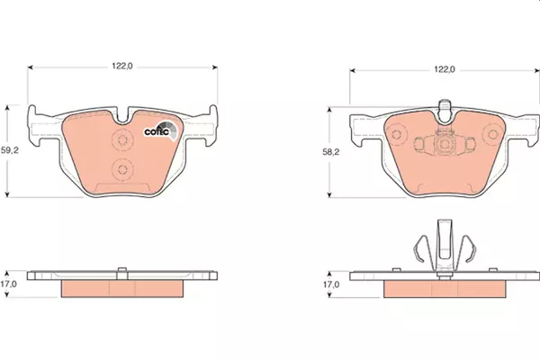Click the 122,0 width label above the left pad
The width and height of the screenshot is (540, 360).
tap(121, 66)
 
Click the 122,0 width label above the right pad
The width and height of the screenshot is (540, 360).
tap(445, 69)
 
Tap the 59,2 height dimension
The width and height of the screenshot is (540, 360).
tap(10, 150)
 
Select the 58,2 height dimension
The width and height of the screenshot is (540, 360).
tap(330, 152)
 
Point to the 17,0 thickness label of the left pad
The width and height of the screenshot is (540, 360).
tap(8, 284)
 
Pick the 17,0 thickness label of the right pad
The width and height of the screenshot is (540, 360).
tap(330, 284)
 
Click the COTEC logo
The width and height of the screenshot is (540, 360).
tap(161, 130)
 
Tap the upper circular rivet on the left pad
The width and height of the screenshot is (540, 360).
tap(122, 139)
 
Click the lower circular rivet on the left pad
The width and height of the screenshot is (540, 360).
tap(122, 169)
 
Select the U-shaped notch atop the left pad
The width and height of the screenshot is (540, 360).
tap(122, 116)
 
